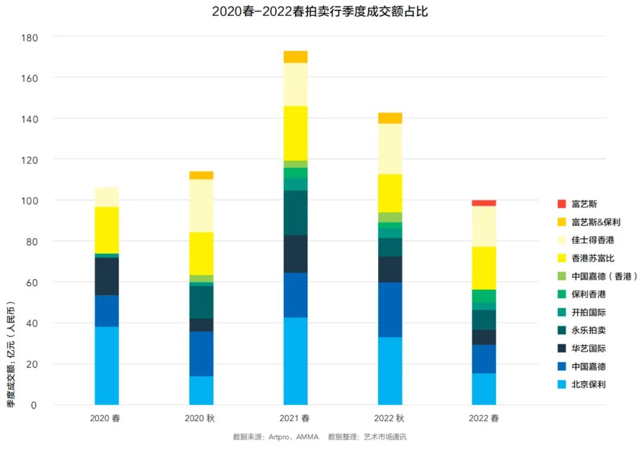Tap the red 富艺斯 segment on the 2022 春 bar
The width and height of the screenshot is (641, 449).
coord(484,203)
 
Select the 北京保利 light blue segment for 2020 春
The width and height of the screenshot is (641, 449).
coord(107,365)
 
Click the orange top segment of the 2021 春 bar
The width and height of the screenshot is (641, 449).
coord(295,57)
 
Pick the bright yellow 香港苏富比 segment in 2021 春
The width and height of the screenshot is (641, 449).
coord(295,133)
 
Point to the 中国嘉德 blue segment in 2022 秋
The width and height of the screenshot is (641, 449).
coord(390,309)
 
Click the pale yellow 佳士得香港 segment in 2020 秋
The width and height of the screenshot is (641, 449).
coord(201,205)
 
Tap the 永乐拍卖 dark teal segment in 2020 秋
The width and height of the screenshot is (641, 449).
coord(201,302)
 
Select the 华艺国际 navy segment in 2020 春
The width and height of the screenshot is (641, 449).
coord(107,276)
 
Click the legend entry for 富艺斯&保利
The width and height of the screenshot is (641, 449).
coord(588,222)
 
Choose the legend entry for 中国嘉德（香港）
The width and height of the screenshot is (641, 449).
coord(596,276)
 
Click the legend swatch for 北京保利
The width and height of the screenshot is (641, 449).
coord(561,385)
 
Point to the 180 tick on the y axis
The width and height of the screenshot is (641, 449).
coord(29,38)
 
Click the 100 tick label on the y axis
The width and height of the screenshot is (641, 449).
coord(29,201)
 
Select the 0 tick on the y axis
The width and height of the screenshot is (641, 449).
coord(34,405)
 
